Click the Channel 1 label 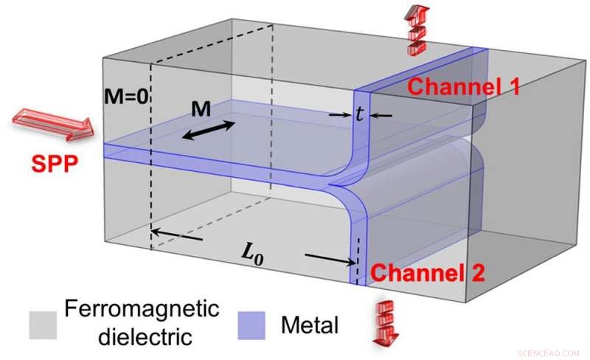click(464, 86)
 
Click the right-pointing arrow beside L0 click(329, 258)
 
